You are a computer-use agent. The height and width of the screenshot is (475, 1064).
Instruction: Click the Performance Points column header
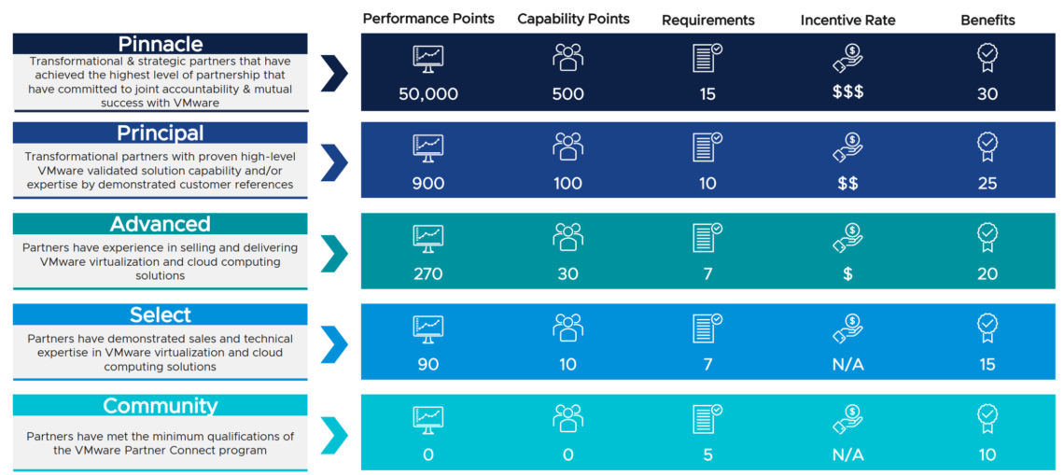pyautogui.click(x=428, y=19)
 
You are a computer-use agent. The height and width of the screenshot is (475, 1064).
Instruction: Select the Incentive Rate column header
pyautogui.click(x=847, y=20)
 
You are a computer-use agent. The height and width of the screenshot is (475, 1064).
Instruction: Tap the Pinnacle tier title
pyautogui.click(x=161, y=44)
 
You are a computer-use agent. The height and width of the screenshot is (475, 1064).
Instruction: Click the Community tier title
pyautogui.click(x=161, y=406)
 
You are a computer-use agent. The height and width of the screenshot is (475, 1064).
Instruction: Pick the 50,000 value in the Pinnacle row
pyautogui.click(x=428, y=93)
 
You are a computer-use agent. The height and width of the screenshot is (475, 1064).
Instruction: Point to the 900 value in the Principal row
pyautogui.click(x=428, y=184)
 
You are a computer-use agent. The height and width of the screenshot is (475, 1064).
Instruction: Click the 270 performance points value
pyautogui.click(x=428, y=273)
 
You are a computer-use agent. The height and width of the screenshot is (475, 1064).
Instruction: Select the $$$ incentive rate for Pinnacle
pyautogui.click(x=847, y=93)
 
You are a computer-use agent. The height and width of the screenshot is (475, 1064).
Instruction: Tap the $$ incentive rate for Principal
pyautogui.click(x=847, y=184)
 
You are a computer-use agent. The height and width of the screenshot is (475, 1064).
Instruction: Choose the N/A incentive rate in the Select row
pyautogui.click(x=847, y=364)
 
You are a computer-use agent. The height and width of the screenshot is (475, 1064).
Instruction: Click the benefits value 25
pyautogui.click(x=987, y=184)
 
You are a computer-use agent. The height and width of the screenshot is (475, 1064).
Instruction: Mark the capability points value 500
pyautogui.click(x=567, y=93)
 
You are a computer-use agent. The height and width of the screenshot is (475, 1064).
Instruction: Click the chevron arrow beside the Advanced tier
pyautogui.click(x=334, y=253)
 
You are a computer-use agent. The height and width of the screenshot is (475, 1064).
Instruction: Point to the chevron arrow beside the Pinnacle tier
pyautogui.click(x=334, y=73)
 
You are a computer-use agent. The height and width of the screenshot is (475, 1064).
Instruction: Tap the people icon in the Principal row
pyautogui.click(x=567, y=147)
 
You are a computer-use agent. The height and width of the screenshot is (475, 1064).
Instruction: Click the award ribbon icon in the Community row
pyautogui.click(x=987, y=419)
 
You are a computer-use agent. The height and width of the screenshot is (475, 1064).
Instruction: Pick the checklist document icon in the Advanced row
pyautogui.click(x=707, y=238)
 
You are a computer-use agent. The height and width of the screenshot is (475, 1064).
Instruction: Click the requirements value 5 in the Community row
pyautogui.click(x=707, y=454)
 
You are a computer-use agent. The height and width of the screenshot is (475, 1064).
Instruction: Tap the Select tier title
pyautogui.click(x=161, y=315)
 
